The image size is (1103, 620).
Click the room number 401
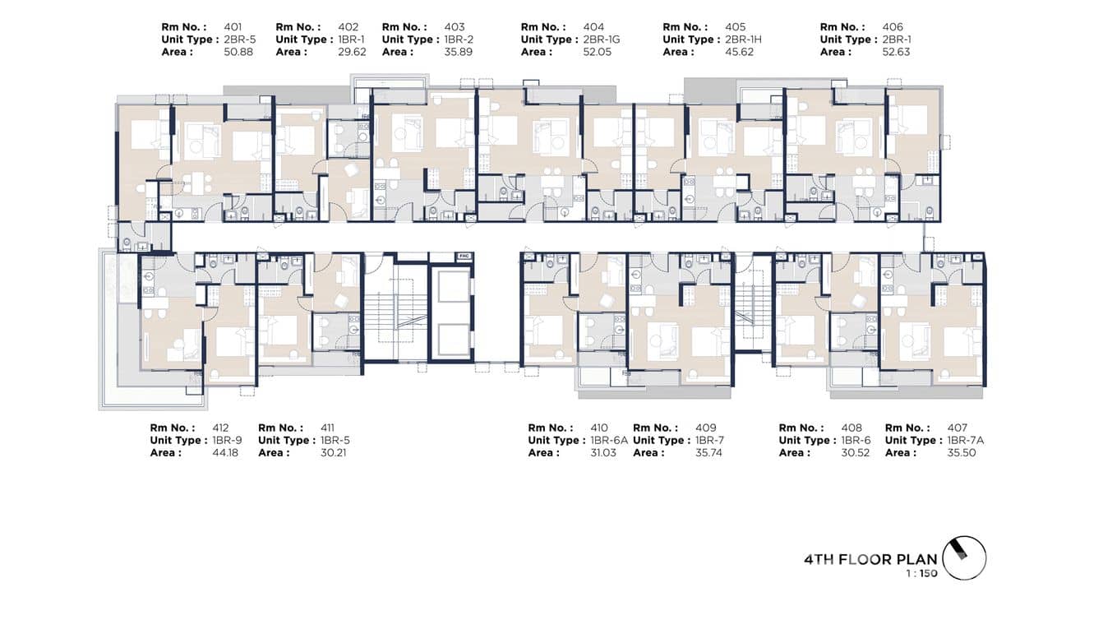[x=233, y=27]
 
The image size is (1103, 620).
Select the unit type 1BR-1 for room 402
[x=347, y=39]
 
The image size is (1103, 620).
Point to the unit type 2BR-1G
[x=602, y=39]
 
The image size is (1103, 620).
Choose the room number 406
[x=893, y=27]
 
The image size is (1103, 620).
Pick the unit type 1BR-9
[x=228, y=440]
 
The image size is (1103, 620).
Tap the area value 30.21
[x=333, y=452]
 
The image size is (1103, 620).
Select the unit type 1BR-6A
[x=609, y=440]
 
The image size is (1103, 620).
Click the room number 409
[x=705, y=428]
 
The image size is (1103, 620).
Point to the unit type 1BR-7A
[x=966, y=440]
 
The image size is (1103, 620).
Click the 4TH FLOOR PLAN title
[x=870, y=559]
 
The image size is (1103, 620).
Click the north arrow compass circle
[x=964, y=558]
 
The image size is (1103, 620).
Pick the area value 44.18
[x=225, y=452]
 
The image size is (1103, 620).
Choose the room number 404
[x=593, y=27]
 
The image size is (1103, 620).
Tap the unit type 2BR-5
[x=239, y=39]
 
